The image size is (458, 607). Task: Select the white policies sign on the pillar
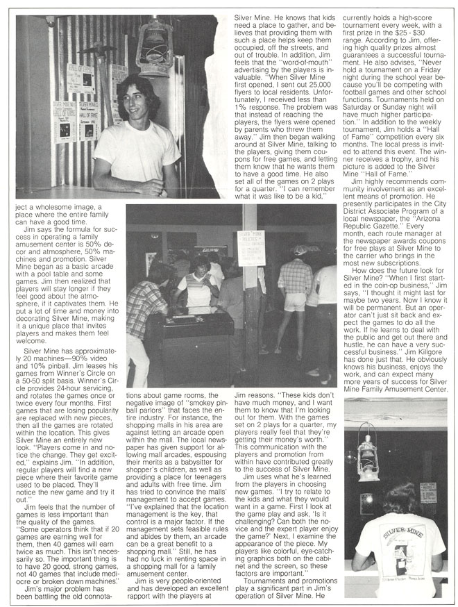(x=251, y=248)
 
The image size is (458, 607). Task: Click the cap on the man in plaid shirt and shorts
(x=299, y=249)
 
